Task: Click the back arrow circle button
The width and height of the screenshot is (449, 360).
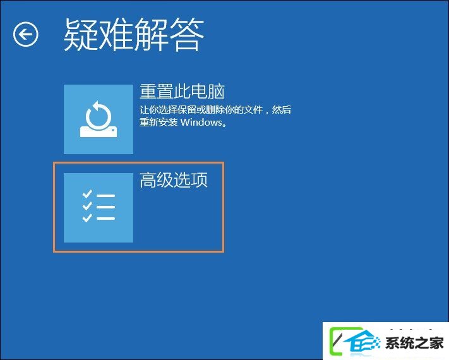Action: click(x=25, y=34)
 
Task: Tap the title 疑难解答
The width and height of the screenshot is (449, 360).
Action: click(x=134, y=35)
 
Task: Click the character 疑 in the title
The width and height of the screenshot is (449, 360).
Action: click(x=81, y=35)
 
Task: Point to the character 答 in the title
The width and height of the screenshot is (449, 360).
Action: click(x=187, y=35)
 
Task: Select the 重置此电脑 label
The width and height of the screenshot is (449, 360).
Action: click(x=182, y=92)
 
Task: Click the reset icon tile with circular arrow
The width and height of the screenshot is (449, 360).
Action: click(x=99, y=119)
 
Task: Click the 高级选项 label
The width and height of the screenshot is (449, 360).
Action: click(x=174, y=180)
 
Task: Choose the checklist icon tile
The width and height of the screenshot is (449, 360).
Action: click(x=99, y=208)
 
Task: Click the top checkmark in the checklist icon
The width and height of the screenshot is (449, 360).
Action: click(x=87, y=194)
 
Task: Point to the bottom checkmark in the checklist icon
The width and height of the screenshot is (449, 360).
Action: click(x=87, y=218)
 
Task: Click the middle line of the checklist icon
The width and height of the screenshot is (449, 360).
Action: click(x=105, y=207)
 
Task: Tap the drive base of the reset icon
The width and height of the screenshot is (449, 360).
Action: click(x=99, y=132)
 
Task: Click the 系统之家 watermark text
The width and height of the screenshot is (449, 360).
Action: click(x=414, y=342)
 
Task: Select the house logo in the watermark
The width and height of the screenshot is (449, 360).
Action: click(x=362, y=342)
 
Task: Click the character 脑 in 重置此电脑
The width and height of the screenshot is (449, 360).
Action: click(x=216, y=92)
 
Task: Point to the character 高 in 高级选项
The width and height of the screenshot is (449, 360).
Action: click(x=148, y=180)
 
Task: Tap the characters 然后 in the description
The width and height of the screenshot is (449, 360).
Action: click(x=281, y=110)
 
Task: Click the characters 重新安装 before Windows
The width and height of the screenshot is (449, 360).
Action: click(x=159, y=123)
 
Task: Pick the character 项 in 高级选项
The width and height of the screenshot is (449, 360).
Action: click(x=200, y=180)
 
